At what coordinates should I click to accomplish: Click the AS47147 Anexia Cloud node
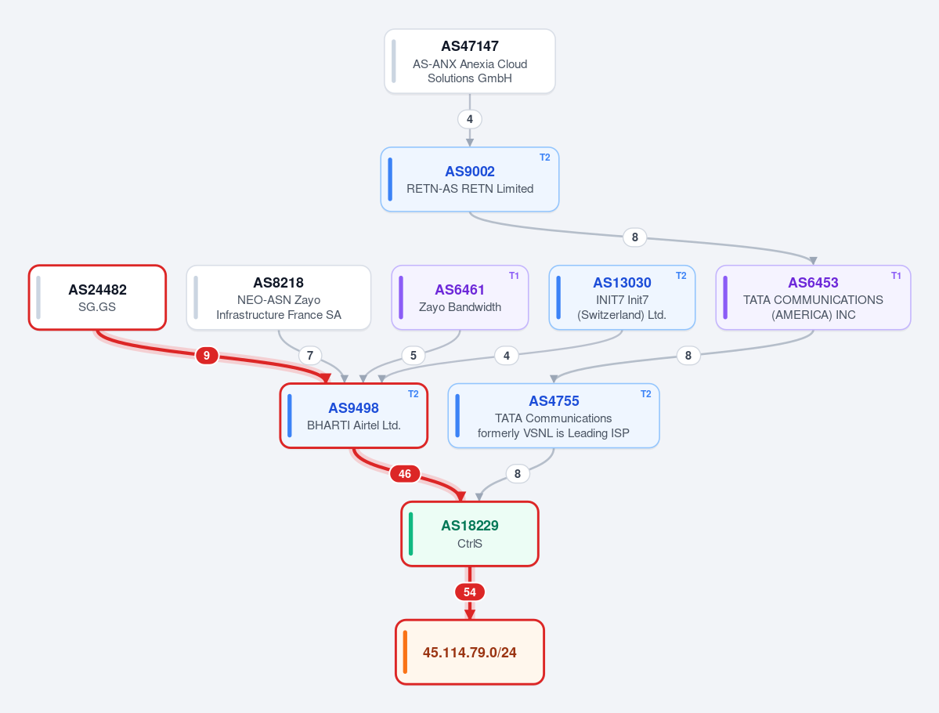[470, 61]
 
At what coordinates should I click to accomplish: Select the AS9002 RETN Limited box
[470, 179]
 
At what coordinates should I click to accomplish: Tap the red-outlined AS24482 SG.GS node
[98, 297]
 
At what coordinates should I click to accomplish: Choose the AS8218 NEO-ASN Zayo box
[279, 297]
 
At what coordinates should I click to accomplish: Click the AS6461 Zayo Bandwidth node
[460, 297]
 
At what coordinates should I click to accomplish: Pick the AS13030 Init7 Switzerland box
[622, 297]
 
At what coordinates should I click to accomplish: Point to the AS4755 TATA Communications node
[554, 416]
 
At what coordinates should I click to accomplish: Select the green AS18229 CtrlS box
[470, 534]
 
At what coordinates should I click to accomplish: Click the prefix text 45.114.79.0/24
[470, 653]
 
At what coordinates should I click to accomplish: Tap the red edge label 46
[405, 474]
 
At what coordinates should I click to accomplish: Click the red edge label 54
[470, 592]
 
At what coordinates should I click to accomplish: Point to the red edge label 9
[207, 355]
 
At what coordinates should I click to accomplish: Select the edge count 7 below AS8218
[309, 355]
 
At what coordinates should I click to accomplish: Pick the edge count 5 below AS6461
[414, 355]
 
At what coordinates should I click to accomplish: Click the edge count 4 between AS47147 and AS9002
[470, 119]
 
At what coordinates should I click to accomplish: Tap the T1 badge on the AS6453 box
[896, 276]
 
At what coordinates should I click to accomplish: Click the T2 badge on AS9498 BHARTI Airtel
[414, 393]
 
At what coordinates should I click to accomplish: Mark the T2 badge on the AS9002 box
[544, 157]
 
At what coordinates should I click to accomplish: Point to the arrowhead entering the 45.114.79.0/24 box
[470, 615]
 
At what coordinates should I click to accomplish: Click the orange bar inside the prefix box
[406, 652]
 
